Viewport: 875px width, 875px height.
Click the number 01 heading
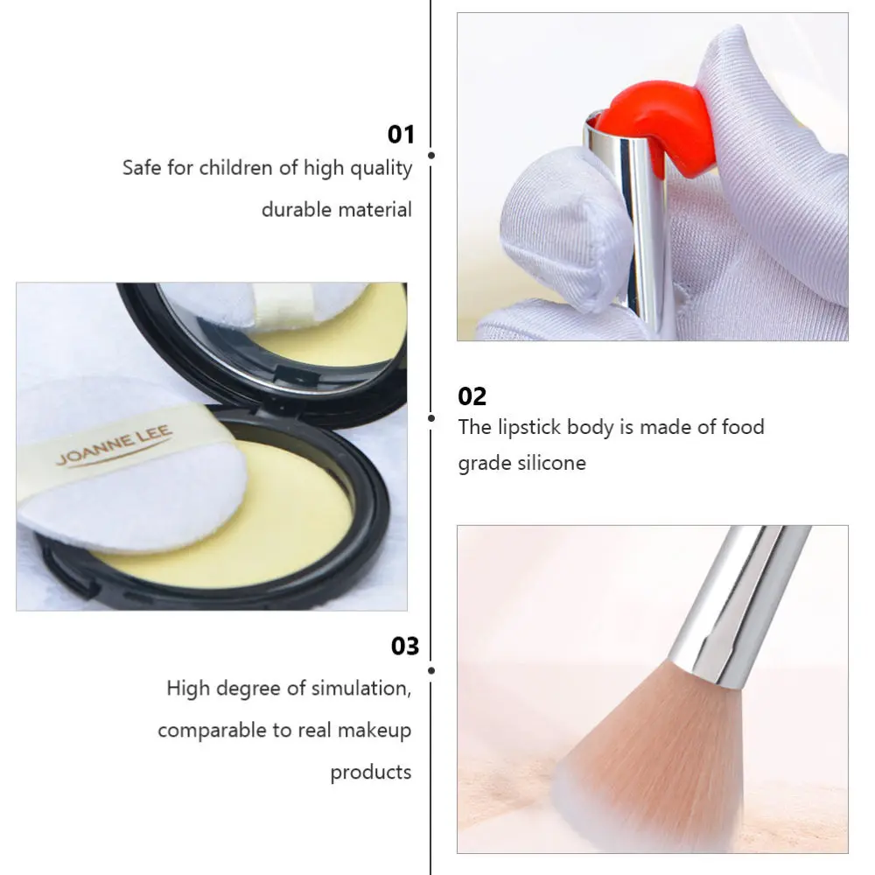(400, 135)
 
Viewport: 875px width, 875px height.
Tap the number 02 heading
(472, 396)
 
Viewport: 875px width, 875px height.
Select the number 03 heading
(404, 647)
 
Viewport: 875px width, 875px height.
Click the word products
(370, 772)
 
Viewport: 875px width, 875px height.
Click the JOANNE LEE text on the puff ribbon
(115, 445)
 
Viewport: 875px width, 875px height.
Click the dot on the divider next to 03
(431, 670)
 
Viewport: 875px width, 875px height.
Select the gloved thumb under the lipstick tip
(569, 227)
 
